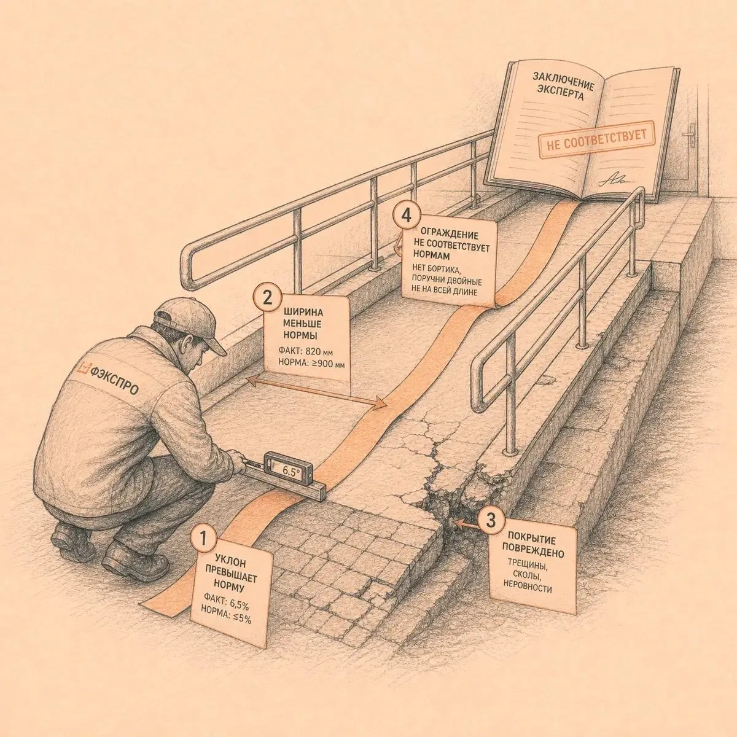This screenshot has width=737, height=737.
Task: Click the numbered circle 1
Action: coord(203,539)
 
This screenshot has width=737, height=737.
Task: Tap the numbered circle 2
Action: coord(267,298)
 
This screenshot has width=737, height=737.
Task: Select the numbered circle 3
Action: coord(491,520)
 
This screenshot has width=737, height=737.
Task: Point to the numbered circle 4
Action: coord(407,216)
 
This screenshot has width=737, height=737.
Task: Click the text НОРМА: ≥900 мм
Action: coord(311,363)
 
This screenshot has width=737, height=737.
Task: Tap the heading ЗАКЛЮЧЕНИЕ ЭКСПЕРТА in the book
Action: coord(563,85)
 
